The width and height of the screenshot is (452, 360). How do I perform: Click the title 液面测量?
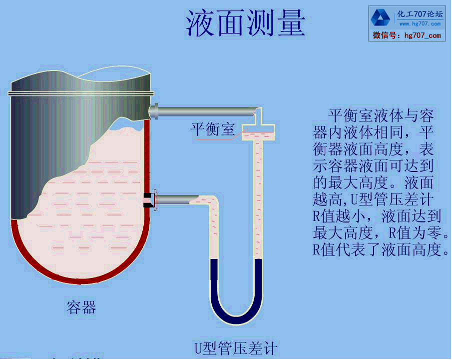tap(245, 24)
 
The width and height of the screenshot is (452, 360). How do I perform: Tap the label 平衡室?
tap(213, 129)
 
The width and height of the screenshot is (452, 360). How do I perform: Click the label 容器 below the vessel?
tap(81, 306)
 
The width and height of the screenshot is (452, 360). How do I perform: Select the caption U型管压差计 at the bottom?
tap(235, 348)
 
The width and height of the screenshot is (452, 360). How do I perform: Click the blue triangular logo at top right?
tap(381, 18)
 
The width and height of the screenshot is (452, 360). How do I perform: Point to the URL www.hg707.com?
tap(420, 23)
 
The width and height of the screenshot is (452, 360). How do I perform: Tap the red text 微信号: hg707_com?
tap(407, 35)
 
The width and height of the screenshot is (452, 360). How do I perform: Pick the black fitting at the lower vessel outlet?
tap(148, 199)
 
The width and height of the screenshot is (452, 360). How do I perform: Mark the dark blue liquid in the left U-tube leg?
tap(214, 280)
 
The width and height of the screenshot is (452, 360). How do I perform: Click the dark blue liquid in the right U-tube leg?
tap(258, 280)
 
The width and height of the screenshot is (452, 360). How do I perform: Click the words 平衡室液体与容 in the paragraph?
tap(381, 116)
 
